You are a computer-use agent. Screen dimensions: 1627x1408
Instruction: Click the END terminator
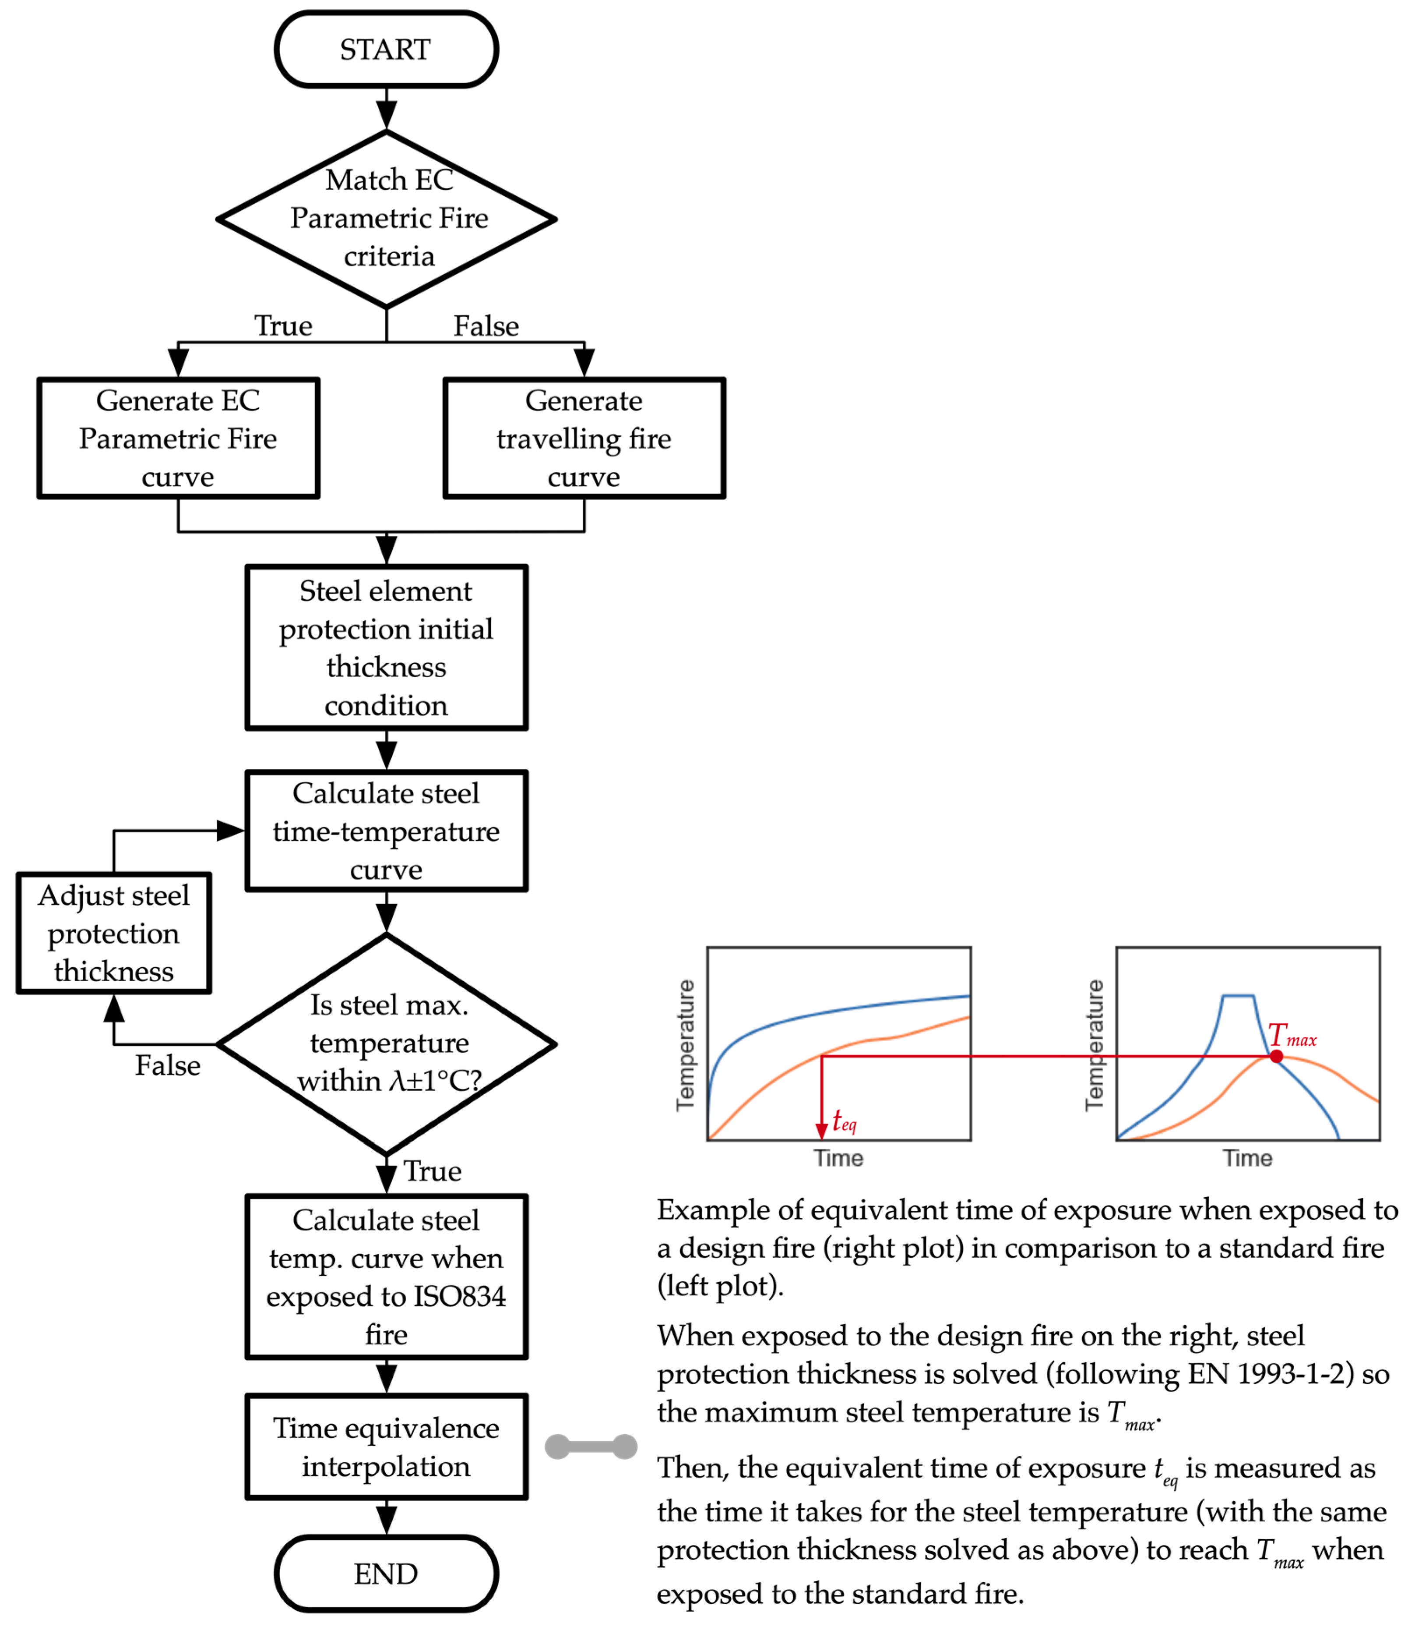386,1574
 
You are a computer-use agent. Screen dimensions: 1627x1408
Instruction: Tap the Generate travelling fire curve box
584,438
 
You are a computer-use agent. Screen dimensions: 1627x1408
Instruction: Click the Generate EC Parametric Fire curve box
178,438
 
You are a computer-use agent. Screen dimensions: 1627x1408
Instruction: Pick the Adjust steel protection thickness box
114,933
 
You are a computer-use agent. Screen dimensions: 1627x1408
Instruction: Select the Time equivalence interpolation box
386,1447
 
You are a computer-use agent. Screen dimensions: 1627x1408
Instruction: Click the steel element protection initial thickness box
386,647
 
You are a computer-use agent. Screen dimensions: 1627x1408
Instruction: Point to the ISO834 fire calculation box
386,1277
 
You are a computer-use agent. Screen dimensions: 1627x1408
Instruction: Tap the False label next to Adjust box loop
167,1066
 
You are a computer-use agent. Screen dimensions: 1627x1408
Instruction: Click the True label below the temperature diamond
432,1171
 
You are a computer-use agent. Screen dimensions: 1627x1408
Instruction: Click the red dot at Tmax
1276,1056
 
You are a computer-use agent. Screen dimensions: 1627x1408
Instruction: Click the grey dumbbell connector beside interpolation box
591,1446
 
